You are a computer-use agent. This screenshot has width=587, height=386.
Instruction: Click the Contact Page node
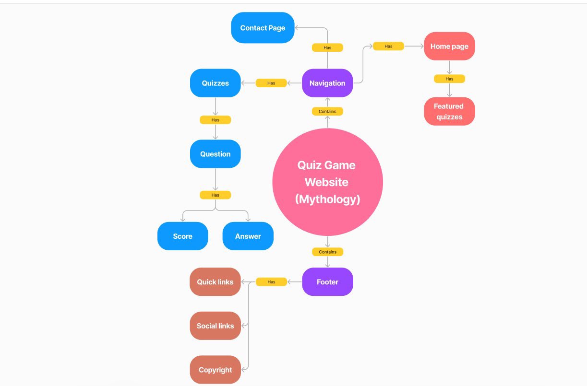[x=263, y=28]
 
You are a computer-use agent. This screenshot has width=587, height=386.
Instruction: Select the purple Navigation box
[x=327, y=83]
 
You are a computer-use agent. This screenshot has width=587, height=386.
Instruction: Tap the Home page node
[x=449, y=46]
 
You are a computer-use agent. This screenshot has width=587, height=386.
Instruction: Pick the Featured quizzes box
[x=449, y=111]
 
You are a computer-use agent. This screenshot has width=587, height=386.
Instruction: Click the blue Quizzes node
[x=215, y=83]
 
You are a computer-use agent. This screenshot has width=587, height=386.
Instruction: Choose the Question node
[x=215, y=154]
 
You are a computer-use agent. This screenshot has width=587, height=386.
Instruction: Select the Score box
[x=182, y=236]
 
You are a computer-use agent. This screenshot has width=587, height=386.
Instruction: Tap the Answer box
[x=248, y=236]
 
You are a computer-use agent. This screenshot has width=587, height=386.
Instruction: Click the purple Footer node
[x=327, y=281]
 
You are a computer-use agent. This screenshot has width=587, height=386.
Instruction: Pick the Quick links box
[x=215, y=281]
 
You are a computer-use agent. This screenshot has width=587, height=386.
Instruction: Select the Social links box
[x=215, y=326]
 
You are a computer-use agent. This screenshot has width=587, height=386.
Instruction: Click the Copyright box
[x=215, y=370]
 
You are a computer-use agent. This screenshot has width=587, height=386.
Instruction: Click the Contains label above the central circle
[x=327, y=111]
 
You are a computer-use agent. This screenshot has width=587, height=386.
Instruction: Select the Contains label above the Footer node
[x=327, y=252]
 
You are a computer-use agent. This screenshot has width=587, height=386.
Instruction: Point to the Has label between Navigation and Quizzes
[x=271, y=83]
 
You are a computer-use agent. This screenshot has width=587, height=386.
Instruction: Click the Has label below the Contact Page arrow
[x=327, y=47]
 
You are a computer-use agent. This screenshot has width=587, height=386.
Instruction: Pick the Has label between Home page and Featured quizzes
[x=449, y=79]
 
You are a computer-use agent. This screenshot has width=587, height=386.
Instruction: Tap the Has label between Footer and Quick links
[x=271, y=281]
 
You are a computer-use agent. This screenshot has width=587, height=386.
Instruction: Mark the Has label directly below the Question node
[x=215, y=195]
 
